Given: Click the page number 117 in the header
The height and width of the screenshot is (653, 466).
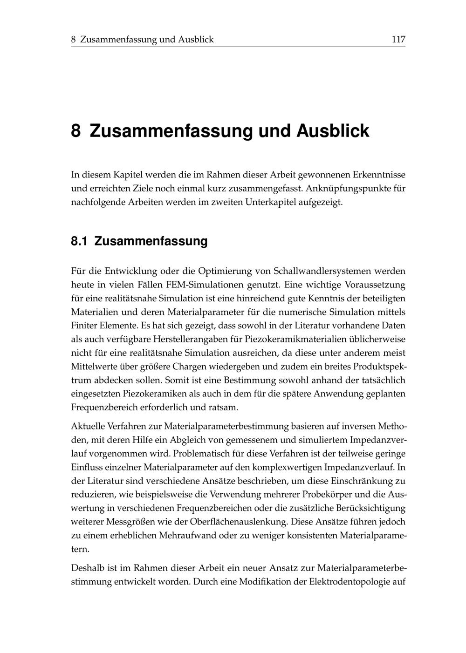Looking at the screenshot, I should [x=398, y=40].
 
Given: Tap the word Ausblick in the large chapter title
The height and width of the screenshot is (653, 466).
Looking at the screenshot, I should [x=333, y=131].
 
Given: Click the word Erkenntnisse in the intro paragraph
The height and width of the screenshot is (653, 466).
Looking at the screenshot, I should [x=379, y=175].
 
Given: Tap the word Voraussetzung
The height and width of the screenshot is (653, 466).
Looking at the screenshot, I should [x=370, y=285].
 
